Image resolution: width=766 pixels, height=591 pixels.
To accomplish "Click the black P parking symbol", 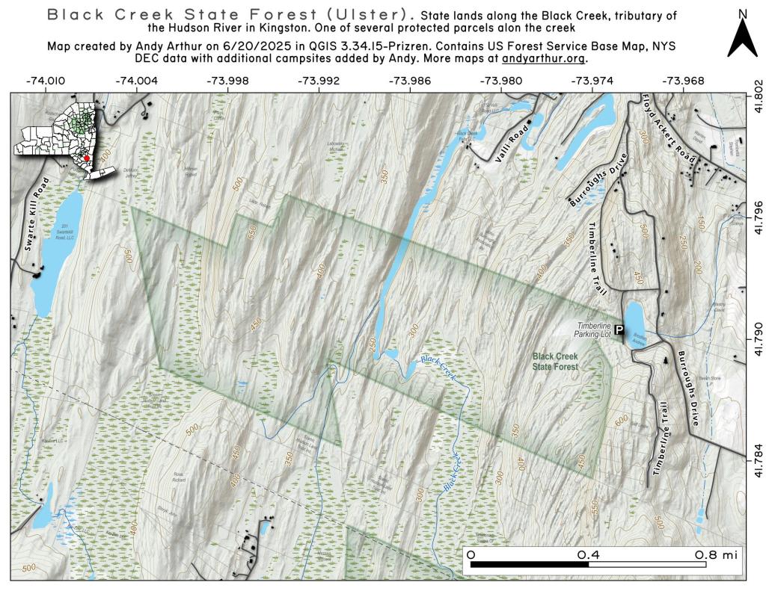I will coord(619,328).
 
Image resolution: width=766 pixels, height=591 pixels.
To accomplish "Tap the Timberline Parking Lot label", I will coord(594,329).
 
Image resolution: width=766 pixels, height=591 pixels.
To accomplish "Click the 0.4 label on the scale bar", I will coord(588,555).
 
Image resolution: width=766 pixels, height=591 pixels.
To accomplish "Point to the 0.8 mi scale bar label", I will coord(716,555).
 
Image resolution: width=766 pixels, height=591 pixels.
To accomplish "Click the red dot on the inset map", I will coord(87,158).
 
